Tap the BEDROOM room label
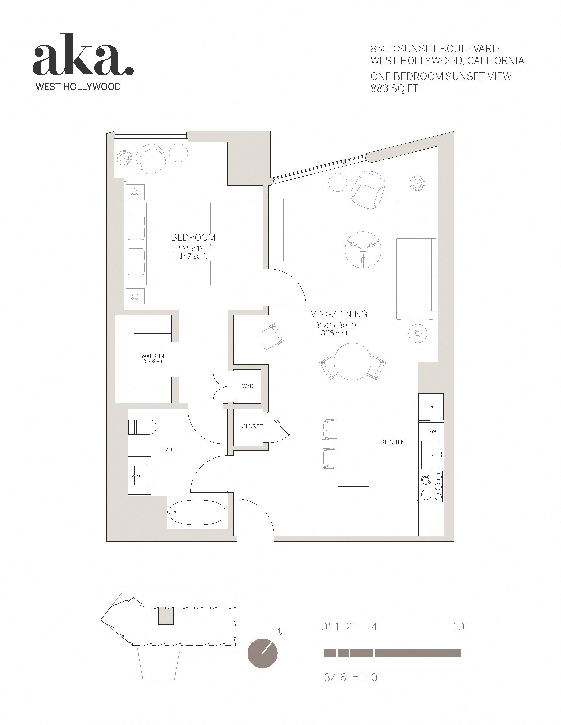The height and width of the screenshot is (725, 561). (x=193, y=237)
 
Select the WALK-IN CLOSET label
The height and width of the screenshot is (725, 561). (x=152, y=359)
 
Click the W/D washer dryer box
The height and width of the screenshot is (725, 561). (x=247, y=386)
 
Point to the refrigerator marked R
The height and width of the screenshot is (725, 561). (x=431, y=407)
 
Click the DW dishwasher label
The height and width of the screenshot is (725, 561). (x=432, y=431)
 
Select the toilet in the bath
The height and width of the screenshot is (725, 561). (x=142, y=427)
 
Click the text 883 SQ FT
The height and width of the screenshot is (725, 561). (x=394, y=89)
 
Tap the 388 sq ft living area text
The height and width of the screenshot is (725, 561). (x=336, y=333)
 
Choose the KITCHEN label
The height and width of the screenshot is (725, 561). (x=393, y=442)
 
